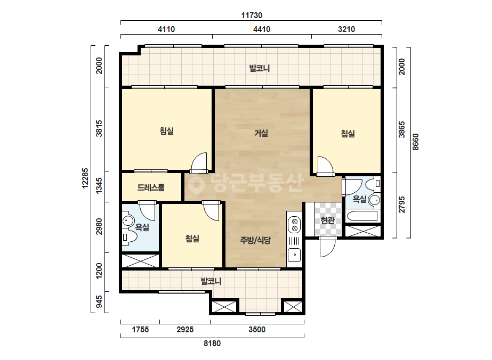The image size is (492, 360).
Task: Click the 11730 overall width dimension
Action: (252, 15)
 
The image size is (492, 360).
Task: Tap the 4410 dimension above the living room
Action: (262, 29)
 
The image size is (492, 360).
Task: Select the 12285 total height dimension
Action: (85, 178)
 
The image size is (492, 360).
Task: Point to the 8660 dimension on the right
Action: (415, 142)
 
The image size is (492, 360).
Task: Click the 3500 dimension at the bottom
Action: (257, 330)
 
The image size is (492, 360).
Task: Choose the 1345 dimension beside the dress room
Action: (99, 186)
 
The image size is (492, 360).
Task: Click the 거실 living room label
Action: (261, 133)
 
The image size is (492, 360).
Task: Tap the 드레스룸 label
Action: (151, 187)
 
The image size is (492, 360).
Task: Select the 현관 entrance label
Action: (328, 220)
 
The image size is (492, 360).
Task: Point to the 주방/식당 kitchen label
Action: (255, 240)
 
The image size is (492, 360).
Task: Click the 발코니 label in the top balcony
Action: (260, 68)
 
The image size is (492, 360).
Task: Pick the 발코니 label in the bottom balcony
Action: (211, 281)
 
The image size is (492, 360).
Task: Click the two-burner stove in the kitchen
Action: (294, 225)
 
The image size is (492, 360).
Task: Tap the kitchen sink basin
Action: (294, 255)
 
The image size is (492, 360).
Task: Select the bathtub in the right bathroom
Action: (362, 216)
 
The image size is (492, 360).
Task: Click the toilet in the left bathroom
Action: (130, 238)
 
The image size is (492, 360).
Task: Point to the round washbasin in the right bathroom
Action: (374, 200)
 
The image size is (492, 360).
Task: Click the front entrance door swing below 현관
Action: (327, 247)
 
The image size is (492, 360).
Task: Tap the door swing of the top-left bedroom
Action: (199, 162)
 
